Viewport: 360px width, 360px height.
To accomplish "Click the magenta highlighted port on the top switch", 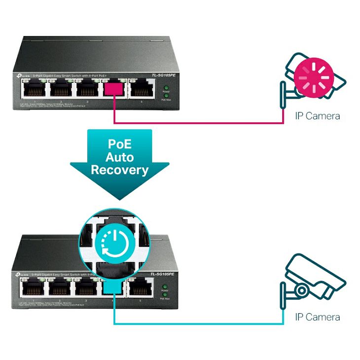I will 113,89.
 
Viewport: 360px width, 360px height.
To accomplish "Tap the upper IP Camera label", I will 317,116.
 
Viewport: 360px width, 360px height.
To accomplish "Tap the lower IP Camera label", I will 317,317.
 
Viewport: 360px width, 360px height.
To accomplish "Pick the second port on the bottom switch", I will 59,287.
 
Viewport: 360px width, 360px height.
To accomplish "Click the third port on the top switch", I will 86,89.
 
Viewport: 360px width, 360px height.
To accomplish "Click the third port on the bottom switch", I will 86,287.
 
